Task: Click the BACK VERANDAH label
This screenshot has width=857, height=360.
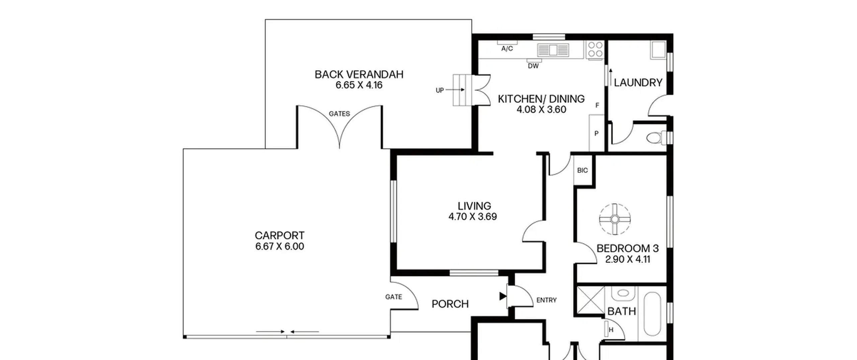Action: tap(359, 74)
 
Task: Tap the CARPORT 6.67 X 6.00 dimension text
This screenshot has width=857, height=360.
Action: tap(280, 246)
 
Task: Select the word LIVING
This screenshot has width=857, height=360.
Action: tap(474, 206)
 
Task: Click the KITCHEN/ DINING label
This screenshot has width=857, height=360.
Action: tap(541, 99)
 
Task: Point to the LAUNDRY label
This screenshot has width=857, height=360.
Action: tap(638, 82)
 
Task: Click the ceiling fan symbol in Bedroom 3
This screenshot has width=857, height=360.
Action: tap(615, 219)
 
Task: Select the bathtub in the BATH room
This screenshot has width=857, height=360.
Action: tap(652, 314)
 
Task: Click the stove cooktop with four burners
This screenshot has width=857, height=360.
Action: tap(595, 50)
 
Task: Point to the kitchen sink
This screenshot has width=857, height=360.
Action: tap(553, 50)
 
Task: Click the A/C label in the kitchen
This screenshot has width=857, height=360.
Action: tap(507, 49)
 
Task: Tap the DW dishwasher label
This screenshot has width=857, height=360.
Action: tap(533, 66)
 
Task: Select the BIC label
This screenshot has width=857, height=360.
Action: tap(582, 170)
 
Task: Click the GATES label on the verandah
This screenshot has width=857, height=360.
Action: tap(339, 114)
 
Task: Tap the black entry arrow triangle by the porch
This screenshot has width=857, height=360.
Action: tap(503, 296)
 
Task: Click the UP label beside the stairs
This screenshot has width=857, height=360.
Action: tap(440, 90)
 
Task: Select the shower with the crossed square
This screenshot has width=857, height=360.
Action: tap(591, 300)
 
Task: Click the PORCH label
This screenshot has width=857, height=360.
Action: tap(450, 304)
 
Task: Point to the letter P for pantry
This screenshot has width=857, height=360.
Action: tap(596, 134)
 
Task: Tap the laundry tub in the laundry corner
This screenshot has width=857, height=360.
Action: tap(658, 50)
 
